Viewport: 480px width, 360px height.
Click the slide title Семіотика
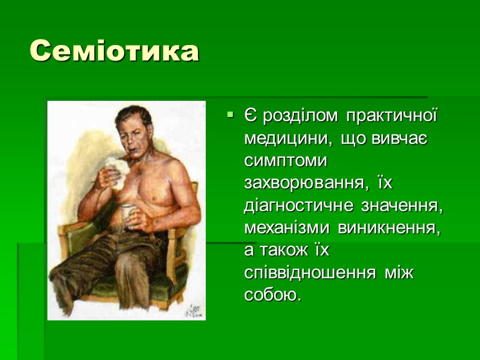pyautogui.click(x=114, y=52)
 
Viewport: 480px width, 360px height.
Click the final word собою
pyautogui.click(x=271, y=296)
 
